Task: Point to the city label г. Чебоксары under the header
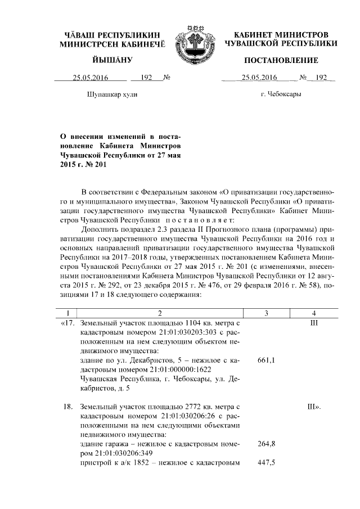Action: click(281, 94)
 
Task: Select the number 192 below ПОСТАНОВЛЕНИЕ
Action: click(321, 78)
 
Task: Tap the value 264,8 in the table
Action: click(265, 444)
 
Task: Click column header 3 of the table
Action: click(265, 313)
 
